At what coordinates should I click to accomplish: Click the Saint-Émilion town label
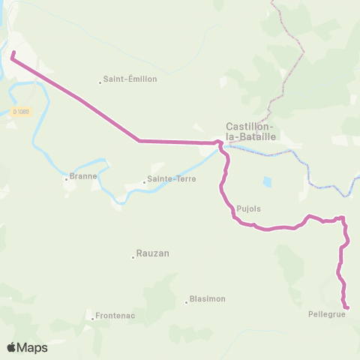[x=131, y=79]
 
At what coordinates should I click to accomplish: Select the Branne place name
[x=82, y=178]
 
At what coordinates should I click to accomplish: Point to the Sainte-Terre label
[x=167, y=180]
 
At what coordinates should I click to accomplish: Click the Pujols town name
[x=248, y=209]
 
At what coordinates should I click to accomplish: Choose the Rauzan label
[x=153, y=253]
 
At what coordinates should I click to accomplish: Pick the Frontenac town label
[x=115, y=316]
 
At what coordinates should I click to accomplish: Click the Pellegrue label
[x=325, y=315]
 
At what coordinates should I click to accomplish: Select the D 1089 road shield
[x=20, y=112]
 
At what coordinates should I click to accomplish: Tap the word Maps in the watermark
[x=33, y=347]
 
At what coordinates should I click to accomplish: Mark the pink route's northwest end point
[x=13, y=52]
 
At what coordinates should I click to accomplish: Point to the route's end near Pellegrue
[x=347, y=307]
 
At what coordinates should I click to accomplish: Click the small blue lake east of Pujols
[x=267, y=182]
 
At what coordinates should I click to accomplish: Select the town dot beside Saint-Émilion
[x=100, y=82]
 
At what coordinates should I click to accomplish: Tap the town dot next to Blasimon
[x=186, y=302]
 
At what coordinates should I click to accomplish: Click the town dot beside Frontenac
[x=92, y=319]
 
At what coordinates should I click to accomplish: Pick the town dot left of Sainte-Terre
[x=144, y=182]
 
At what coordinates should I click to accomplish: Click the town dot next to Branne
[x=66, y=180]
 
